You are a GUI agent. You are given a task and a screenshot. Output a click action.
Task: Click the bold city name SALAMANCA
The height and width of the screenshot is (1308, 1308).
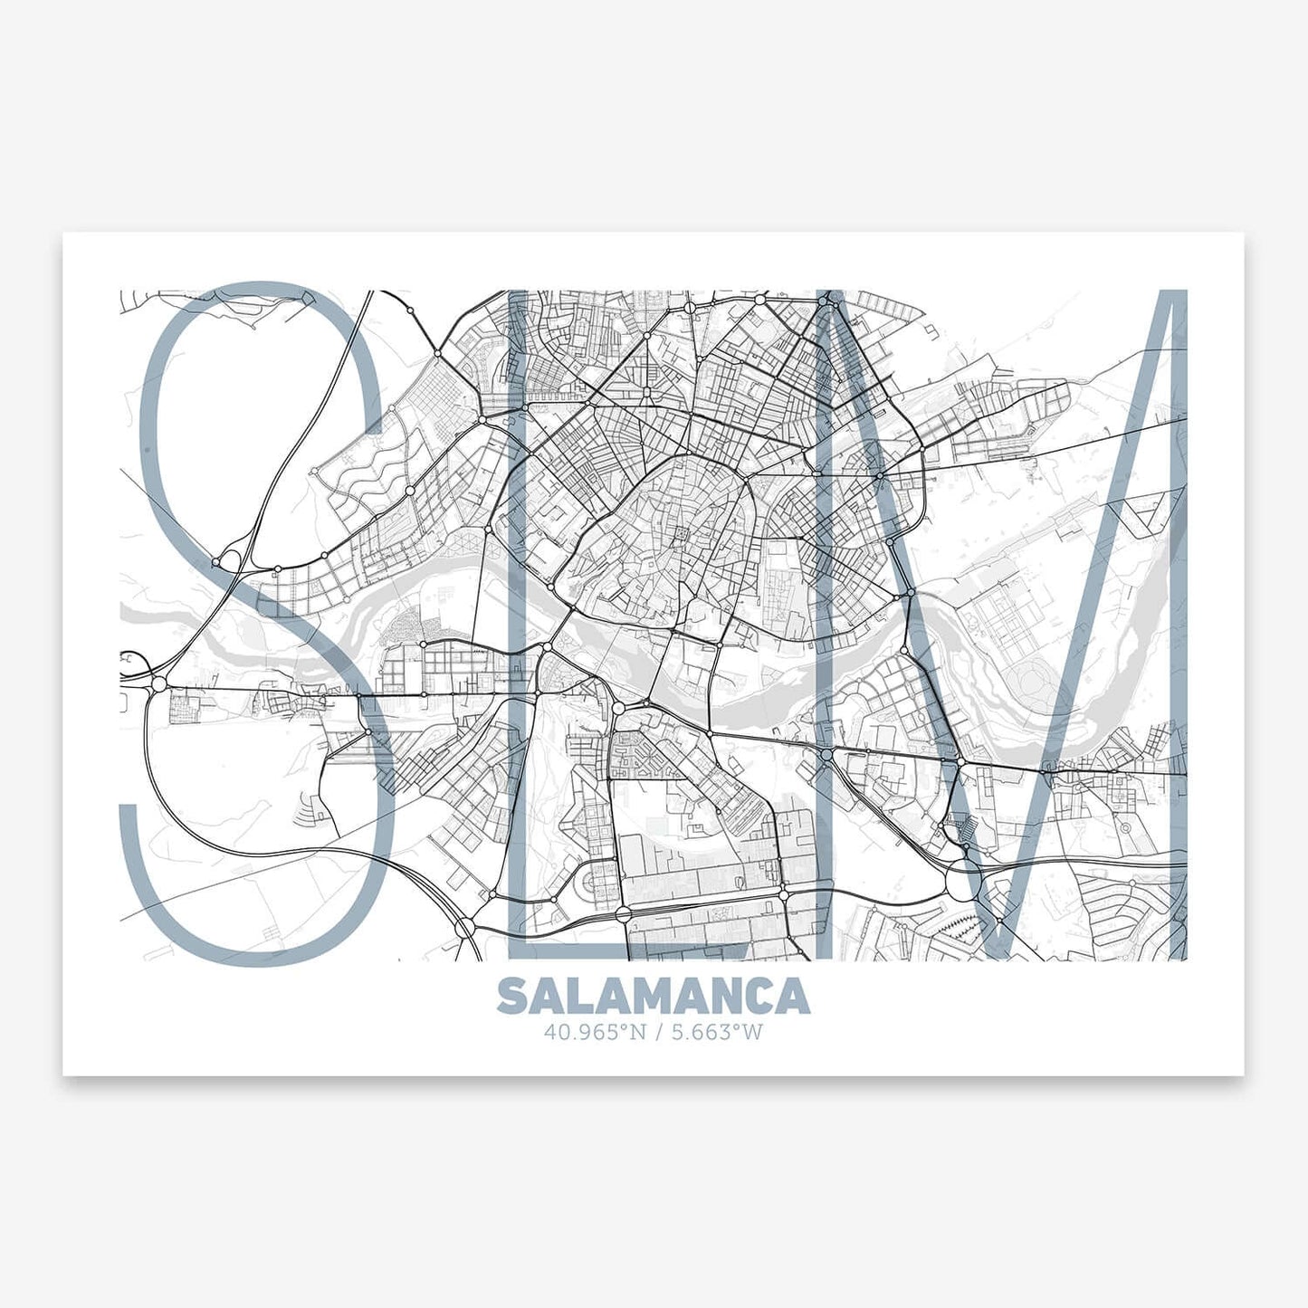[x=653, y=996]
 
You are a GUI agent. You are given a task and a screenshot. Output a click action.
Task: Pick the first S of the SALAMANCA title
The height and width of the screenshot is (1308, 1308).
[x=511, y=996]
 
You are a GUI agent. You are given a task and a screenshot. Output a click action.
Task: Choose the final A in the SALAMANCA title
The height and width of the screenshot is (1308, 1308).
[x=794, y=996]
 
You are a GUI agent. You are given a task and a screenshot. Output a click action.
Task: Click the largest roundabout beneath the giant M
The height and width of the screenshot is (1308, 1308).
[x=963, y=879]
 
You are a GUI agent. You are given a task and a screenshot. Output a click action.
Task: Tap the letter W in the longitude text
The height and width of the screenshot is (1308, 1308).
[x=754, y=1031]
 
